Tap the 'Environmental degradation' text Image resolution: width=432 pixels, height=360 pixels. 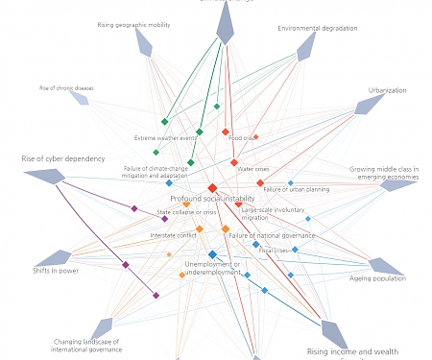318,28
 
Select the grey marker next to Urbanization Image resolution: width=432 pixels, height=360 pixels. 369,104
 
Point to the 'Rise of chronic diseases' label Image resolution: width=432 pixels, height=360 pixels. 66,87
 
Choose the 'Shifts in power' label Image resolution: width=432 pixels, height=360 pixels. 56,271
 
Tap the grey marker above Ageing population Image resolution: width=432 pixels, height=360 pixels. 385,266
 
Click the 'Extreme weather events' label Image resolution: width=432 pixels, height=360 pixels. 165,138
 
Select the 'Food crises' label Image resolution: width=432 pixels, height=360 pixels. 241,138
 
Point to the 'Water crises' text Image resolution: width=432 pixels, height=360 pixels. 253,169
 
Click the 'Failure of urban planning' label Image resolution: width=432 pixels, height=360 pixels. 297,190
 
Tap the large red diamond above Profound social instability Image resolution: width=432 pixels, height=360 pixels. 212,188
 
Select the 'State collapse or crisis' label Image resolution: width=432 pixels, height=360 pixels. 187,212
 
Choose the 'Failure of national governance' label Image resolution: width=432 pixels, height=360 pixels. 272,235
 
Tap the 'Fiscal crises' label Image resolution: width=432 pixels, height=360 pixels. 273,251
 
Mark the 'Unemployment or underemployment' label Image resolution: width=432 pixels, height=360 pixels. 213,268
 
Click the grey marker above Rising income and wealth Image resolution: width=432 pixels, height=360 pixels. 334,333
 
